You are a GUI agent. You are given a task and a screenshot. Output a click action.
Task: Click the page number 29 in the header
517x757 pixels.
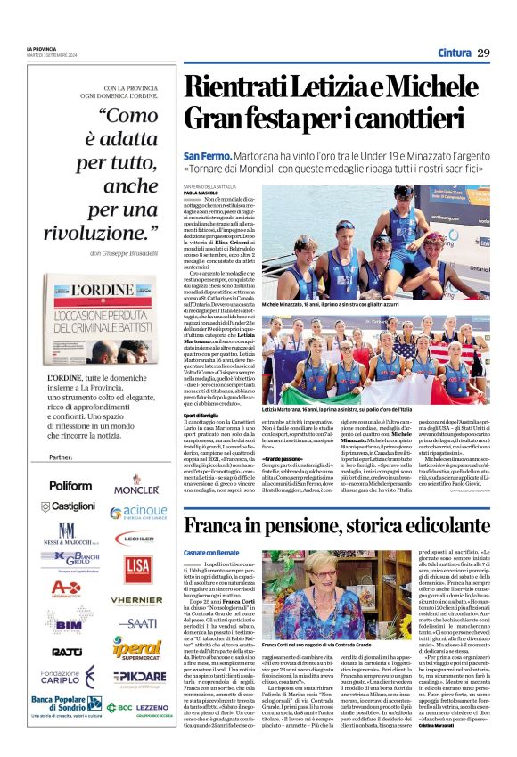[483, 53]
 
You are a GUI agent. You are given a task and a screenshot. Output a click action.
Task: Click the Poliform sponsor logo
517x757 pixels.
[70, 485]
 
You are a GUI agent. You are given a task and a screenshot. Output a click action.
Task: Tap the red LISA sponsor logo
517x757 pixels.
[137, 567]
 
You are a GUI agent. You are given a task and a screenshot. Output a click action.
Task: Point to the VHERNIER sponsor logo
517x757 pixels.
[136, 601]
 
